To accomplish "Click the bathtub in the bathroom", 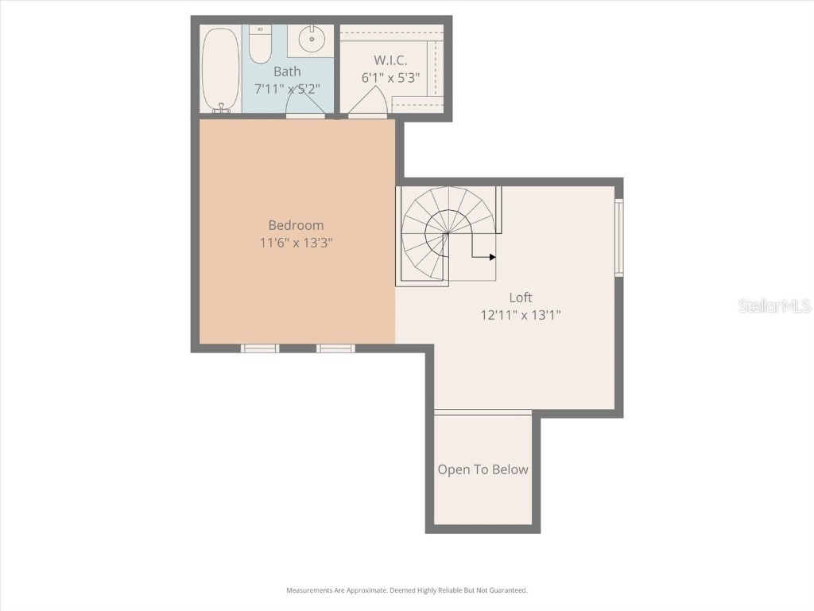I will pos(219,69).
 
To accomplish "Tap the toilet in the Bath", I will pos(260,45).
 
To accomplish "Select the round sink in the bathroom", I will pos(311,37).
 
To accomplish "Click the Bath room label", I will pos(287,72).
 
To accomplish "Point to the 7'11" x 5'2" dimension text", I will pos(287,89).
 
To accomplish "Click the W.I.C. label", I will pos(390,60).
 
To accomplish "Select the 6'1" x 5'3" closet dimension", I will pos(390,78).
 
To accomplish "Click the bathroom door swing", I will pos(305,103).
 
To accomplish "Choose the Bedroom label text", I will pos(296,225).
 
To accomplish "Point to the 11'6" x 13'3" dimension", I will pos(296,243).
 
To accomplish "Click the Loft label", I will pos(521,298).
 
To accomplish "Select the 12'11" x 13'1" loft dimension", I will pos(521,315).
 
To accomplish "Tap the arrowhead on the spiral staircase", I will pos(492,257).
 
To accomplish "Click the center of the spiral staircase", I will pos(447,233).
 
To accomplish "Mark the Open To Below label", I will pos(483,469).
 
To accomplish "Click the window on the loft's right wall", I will pos(618,237).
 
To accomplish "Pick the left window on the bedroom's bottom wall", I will pos(260,348).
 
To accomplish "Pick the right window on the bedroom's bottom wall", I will pos(335,348).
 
